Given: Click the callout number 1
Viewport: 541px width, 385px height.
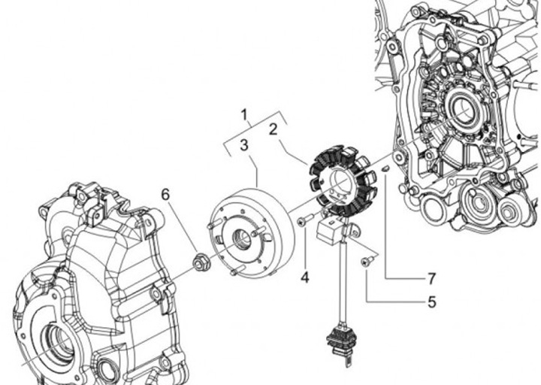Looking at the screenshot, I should pyautogui.click(x=244, y=115).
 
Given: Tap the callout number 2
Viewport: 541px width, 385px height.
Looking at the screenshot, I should pyautogui.click(x=274, y=129).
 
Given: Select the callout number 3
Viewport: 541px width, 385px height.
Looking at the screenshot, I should pyautogui.click(x=244, y=144).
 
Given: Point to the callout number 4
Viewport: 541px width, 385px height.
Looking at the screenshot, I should pyautogui.click(x=304, y=277).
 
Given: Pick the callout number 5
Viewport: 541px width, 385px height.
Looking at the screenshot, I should pyautogui.click(x=431, y=302).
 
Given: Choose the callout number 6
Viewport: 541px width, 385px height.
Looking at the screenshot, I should pyautogui.click(x=165, y=195).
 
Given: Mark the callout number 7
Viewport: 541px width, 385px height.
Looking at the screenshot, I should pyautogui.click(x=431, y=278).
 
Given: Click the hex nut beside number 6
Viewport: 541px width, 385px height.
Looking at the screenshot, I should pyautogui.click(x=200, y=262).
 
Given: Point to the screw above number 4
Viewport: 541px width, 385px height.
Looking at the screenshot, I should pyautogui.click(x=303, y=220).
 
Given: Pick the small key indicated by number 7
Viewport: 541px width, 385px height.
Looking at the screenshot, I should pyautogui.click(x=383, y=170).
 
